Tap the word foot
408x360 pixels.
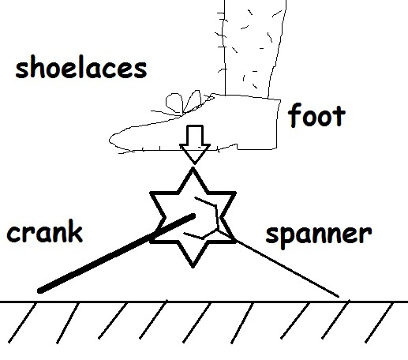(x=316, y=115)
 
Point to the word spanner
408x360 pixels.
(x=319, y=235)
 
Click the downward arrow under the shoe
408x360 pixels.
(x=195, y=144)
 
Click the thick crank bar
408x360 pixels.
(x=117, y=253)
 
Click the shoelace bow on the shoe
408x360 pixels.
(x=184, y=103)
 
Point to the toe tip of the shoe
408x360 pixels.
(x=110, y=140)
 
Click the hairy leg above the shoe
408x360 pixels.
(x=252, y=47)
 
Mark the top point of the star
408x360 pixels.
(x=193, y=169)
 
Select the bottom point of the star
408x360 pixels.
(x=193, y=266)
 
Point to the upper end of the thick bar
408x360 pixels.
(x=193, y=216)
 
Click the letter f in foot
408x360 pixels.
(x=294, y=115)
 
